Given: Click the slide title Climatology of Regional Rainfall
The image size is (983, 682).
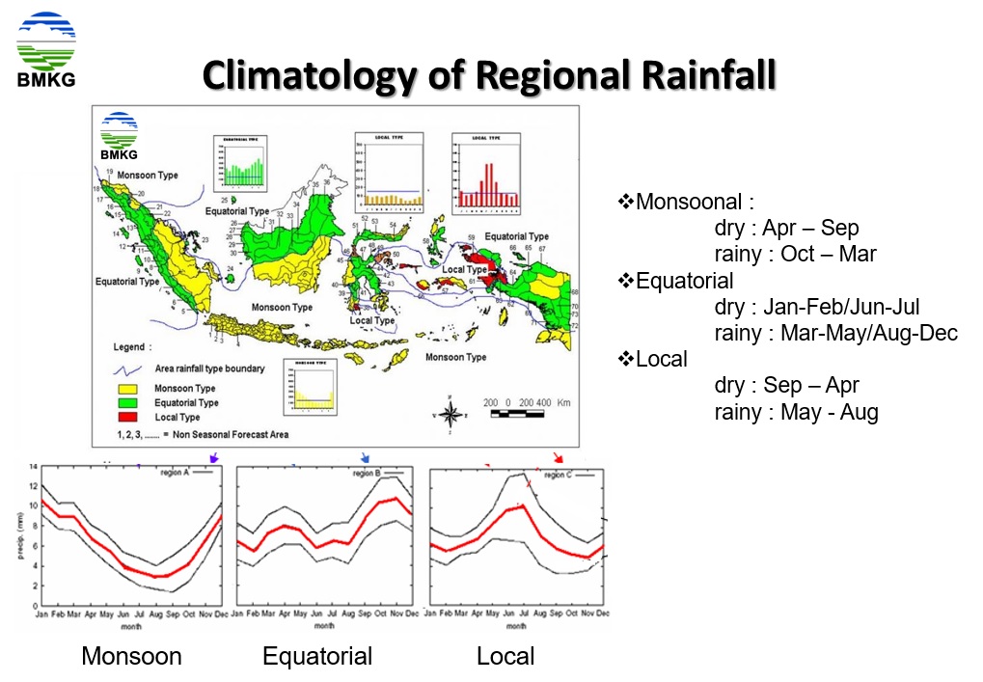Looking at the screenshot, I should click(x=489, y=75).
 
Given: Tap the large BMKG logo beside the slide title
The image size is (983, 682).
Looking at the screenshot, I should click(x=45, y=49).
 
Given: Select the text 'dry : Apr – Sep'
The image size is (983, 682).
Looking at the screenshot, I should click(x=786, y=229).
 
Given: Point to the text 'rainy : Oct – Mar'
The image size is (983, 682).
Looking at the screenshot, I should click(x=795, y=255).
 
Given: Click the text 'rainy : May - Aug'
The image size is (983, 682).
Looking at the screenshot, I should click(x=796, y=412).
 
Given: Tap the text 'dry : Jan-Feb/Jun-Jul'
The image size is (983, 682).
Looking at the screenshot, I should click(x=816, y=307).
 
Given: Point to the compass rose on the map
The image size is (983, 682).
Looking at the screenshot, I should click(x=450, y=415).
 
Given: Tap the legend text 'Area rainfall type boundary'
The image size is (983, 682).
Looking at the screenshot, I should click(x=209, y=368).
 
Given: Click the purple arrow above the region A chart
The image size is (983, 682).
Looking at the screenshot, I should click(x=214, y=457).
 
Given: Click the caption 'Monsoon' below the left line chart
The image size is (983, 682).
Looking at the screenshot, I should click(x=131, y=657).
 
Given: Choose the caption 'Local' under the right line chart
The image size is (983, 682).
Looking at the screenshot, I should click(x=505, y=657).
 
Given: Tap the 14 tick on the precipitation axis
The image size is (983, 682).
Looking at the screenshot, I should click(x=32, y=467).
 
